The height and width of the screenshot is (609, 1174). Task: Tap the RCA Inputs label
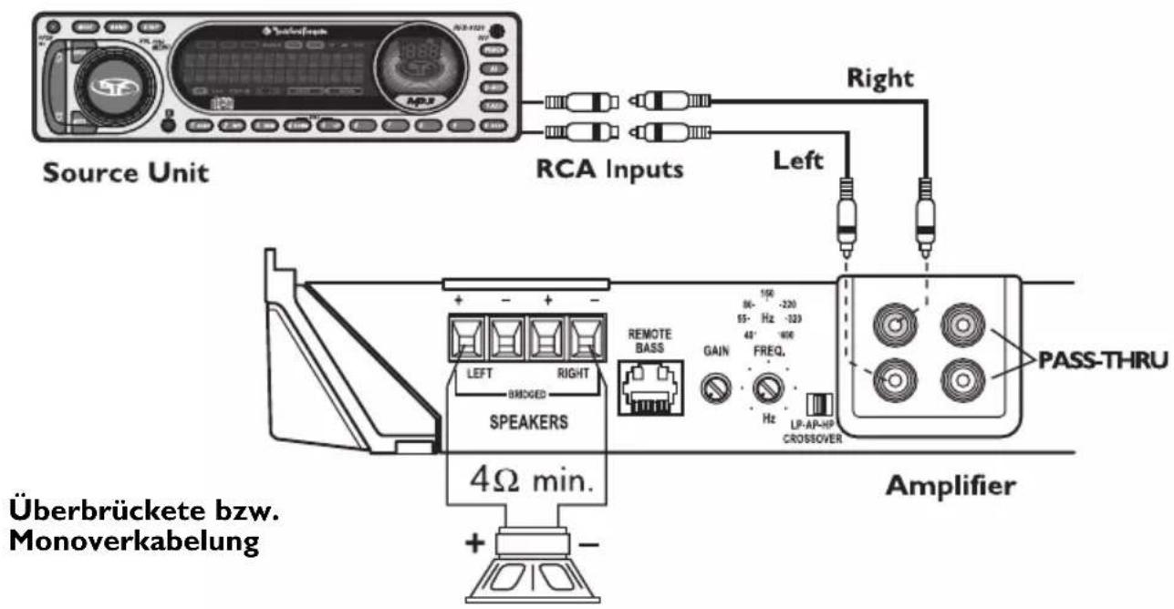[608, 170]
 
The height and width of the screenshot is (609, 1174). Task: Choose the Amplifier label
[949, 486]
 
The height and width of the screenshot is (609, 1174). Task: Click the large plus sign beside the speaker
[476, 544]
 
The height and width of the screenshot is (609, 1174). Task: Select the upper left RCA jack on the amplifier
[892, 322]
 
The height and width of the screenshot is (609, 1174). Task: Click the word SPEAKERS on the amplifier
[523, 423]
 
